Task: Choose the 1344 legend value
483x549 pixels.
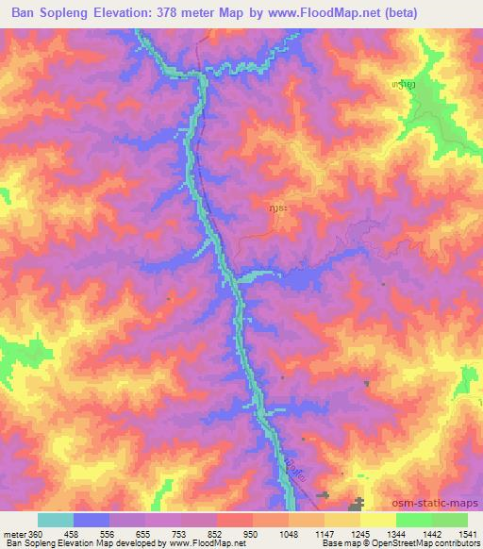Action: pos(430,533)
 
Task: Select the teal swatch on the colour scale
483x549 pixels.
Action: pos(56,520)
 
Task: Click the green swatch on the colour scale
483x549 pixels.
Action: pos(431,520)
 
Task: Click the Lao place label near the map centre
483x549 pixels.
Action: pos(278,203)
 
